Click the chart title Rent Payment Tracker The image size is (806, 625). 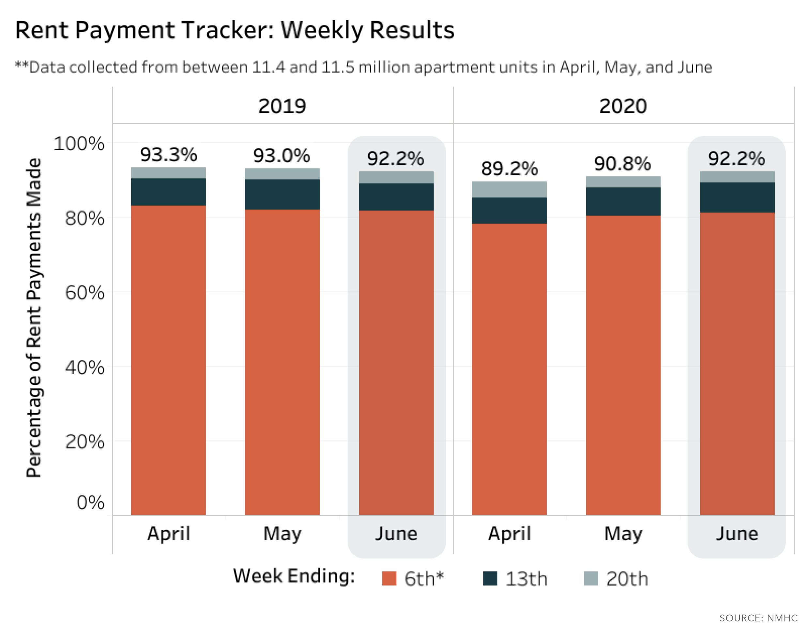tap(235, 30)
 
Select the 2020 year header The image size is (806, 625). tap(623, 106)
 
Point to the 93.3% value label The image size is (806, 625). tap(169, 155)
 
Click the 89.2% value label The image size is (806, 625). tap(509, 169)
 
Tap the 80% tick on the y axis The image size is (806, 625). tap(84, 218)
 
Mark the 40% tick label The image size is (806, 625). tap(84, 367)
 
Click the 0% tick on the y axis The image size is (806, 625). tap(90, 502)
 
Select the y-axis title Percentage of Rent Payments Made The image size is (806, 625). tap(34, 318)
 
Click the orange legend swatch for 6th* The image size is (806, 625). tap(389, 578)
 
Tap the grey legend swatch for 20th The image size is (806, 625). tap(591, 578)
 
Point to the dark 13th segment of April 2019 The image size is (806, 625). tap(168, 192)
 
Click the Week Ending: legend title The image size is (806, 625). tap(294, 576)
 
